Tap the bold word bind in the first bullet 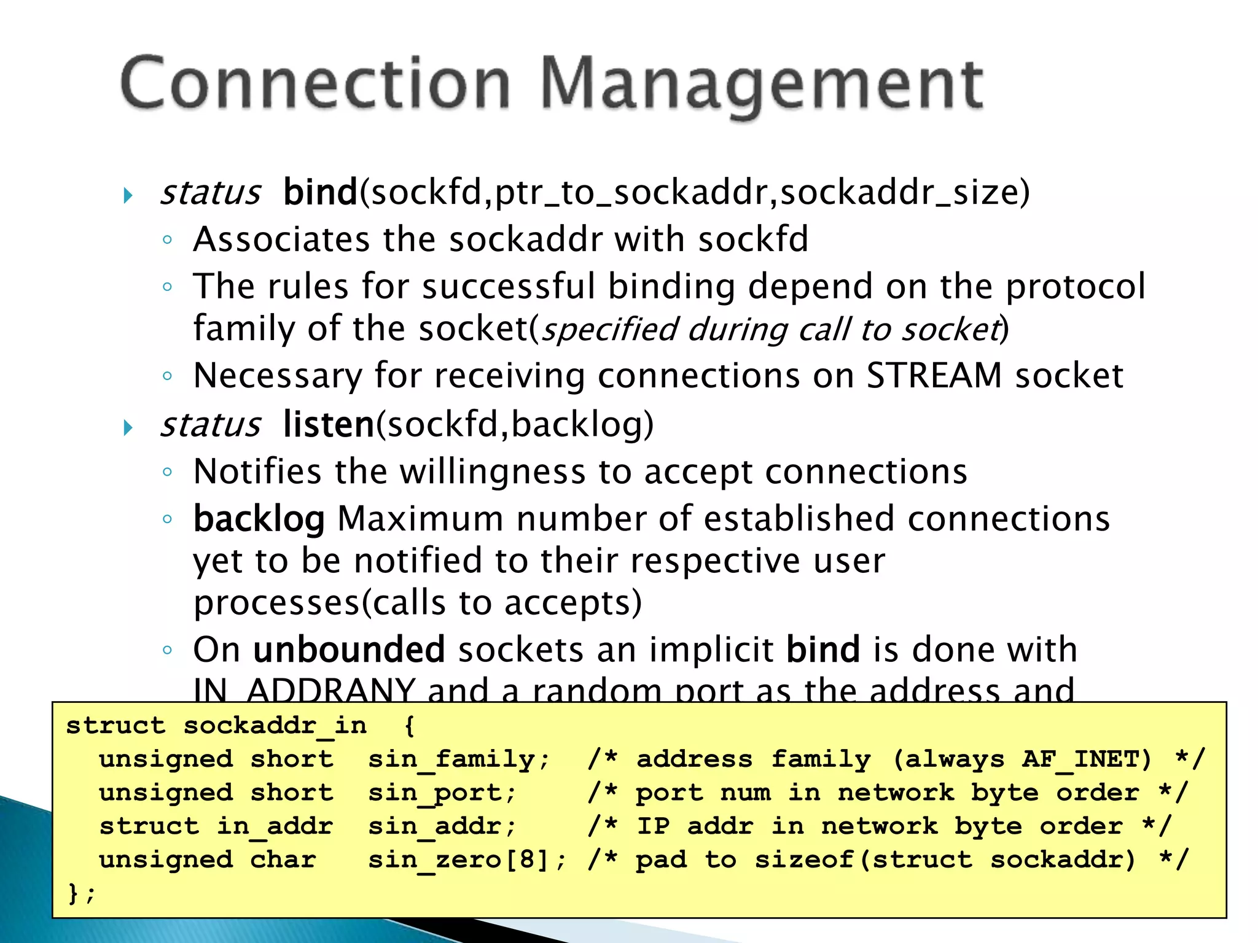(320, 192)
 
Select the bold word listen (329, 424)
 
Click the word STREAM (934, 375)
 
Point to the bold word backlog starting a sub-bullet (259, 519)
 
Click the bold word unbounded (349, 650)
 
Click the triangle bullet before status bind (128, 196)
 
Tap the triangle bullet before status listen (128, 427)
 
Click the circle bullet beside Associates (168, 239)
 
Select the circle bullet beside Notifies (168, 471)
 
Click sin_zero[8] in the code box (466, 860)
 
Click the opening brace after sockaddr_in (410, 726)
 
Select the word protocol (1075, 286)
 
